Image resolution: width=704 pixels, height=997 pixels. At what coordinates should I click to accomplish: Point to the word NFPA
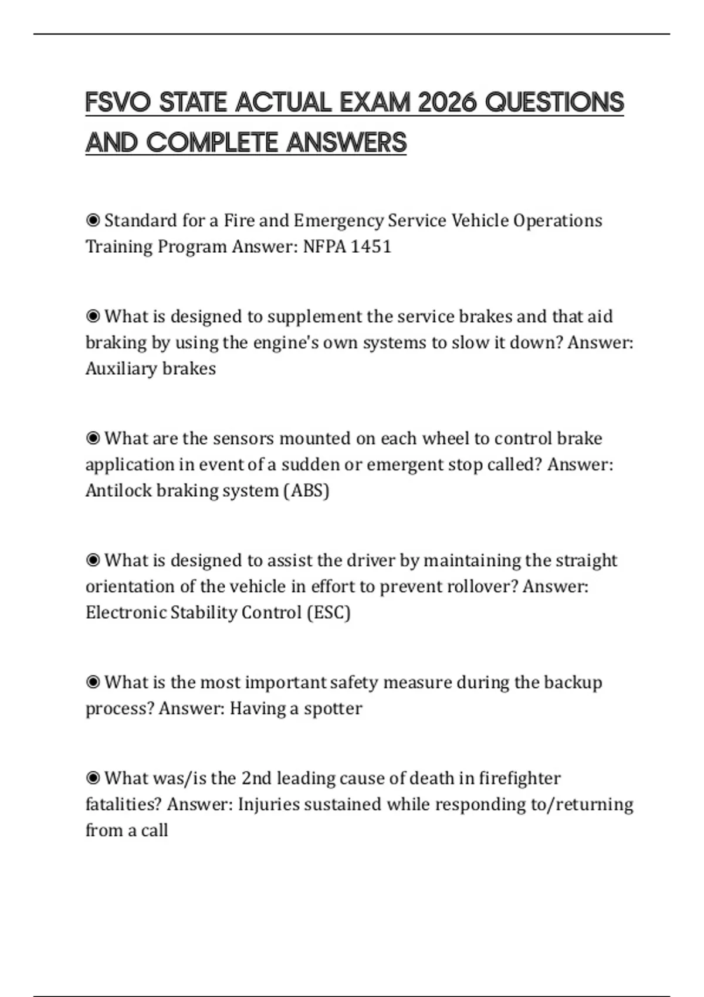[324, 246]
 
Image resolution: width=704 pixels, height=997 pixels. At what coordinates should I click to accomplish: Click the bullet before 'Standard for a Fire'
[93, 221]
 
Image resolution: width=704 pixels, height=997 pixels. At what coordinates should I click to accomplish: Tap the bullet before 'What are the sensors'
[93, 438]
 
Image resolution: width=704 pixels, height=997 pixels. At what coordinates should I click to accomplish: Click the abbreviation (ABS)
[306, 490]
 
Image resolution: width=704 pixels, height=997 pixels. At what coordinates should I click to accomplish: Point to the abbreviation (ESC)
[329, 612]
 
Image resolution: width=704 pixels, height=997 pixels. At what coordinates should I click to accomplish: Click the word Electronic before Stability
[126, 612]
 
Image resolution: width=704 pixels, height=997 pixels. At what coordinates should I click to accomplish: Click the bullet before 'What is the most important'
[93, 682]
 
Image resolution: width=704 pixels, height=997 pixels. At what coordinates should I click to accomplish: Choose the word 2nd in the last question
[256, 778]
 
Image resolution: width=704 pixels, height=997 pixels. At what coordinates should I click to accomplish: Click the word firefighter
[520, 778]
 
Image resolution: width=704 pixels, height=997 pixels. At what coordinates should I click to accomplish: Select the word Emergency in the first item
[339, 221]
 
